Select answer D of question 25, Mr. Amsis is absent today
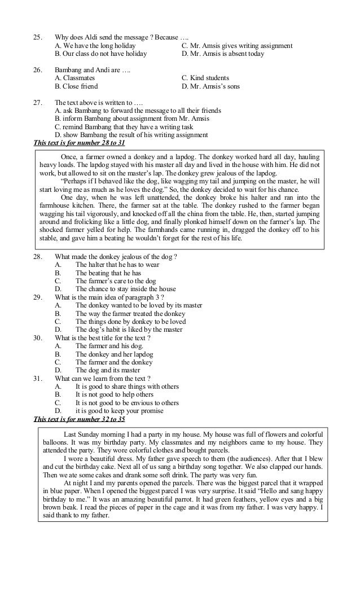tap(222, 54)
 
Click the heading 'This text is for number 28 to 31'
tap(79, 143)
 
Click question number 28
tap(38, 257)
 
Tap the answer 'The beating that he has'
tap(108, 273)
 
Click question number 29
tap(38, 297)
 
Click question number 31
tap(38, 378)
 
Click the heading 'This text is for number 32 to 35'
tap(79, 419)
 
